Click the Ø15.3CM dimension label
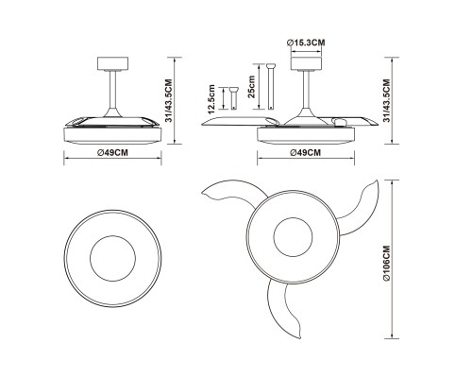click(306, 43)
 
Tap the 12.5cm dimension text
click(211, 99)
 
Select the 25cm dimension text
click(252, 87)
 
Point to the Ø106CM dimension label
click(386, 263)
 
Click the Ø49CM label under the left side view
click(112, 153)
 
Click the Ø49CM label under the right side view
click(306, 153)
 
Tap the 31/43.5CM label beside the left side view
click(169, 100)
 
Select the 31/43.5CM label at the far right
click(386, 100)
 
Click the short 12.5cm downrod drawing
click(233, 98)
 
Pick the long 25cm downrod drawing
click(271, 87)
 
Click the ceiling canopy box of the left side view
click(112, 63)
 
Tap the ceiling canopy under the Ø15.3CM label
click(306, 63)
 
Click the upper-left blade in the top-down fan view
click(234, 191)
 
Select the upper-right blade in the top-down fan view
click(362, 208)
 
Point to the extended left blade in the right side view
click(240, 121)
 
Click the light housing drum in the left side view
click(112, 135)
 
